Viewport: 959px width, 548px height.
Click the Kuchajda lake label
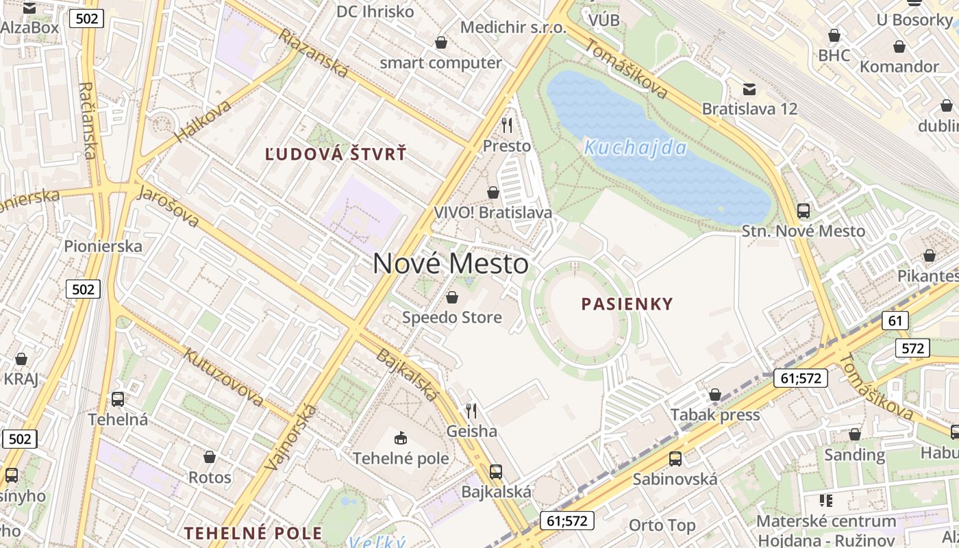click(x=635, y=148)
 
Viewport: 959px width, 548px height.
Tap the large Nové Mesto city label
click(x=451, y=264)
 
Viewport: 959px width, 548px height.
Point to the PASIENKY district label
click(x=627, y=303)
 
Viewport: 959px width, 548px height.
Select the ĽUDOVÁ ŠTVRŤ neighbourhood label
click(x=336, y=154)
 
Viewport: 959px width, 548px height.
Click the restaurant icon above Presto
click(x=507, y=125)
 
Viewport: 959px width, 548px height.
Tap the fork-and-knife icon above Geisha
click(x=471, y=410)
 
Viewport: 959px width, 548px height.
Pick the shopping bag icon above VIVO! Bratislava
click(x=493, y=192)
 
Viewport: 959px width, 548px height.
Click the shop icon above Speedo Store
click(x=451, y=297)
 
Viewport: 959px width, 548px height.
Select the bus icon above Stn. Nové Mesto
click(x=804, y=211)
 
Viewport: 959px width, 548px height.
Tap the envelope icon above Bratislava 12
click(x=749, y=89)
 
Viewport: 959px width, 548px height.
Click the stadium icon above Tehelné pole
click(x=401, y=438)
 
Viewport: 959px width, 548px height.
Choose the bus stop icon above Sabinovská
click(x=675, y=459)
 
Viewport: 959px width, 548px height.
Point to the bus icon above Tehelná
click(x=118, y=399)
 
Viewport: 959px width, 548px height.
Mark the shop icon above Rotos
click(x=210, y=456)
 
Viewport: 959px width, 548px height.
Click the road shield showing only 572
click(x=912, y=348)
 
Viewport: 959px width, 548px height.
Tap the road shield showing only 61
click(x=895, y=320)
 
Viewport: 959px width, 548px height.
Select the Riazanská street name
click(x=313, y=53)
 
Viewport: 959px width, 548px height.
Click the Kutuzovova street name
click(x=223, y=376)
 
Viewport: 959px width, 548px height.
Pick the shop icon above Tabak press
click(x=715, y=395)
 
